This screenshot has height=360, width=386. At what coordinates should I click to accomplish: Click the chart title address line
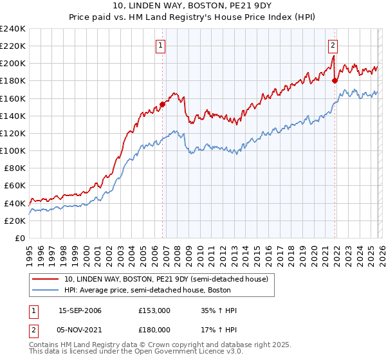click(x=192, y=6)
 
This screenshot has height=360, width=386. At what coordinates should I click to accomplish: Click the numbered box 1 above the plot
click(x=160, y=45)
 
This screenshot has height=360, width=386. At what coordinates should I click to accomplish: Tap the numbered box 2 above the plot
click(x=333, y=45)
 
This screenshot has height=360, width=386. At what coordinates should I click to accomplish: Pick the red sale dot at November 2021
click(x=335, y=80)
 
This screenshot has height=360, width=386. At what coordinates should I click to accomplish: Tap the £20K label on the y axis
click(x=15, y=221)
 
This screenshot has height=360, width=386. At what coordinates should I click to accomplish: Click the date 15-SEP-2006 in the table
click(x=80, y=310)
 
